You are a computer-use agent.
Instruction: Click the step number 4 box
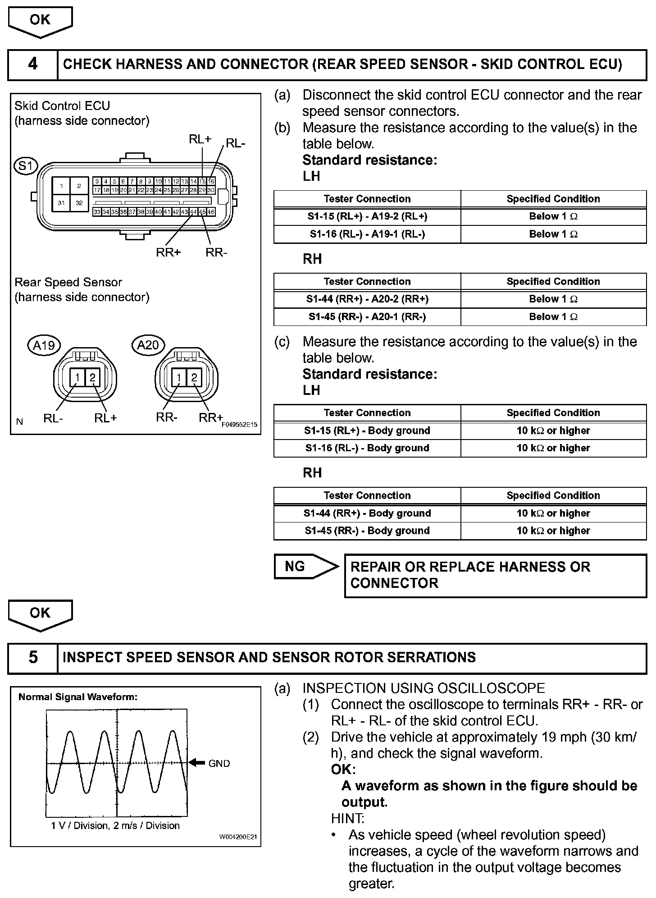[x=33, y=64]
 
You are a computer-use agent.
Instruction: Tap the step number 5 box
[x=33, y=658]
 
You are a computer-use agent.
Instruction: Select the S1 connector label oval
[x=26, y=166]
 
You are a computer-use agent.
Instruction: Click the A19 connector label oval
[x=44, y=345]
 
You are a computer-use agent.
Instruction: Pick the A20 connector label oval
[x=148, y=345]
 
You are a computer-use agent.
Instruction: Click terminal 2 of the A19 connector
[x=92, y=377]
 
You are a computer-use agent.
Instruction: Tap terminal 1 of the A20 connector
[x=179, y=377]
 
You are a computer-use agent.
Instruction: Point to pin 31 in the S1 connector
[x=61, y=203]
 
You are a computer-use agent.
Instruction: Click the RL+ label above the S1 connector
[x=200, y=139]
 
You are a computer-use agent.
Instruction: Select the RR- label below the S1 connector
[x=216, y=252]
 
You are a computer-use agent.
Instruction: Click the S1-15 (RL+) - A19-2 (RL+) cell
[x=367, y=216]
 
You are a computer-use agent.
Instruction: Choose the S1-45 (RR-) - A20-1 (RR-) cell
[x=367, y=317]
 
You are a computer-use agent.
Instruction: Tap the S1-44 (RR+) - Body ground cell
[x=367, y=513]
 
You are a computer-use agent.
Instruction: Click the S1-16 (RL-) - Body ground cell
[x=367, y=448]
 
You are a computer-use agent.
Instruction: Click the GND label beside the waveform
[x=219, y=763]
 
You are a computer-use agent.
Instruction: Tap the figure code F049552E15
[x=239, y=424]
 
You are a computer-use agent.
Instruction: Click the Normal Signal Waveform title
[x=78, y=697]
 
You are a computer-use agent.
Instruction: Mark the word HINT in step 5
[x=347, y=818]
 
